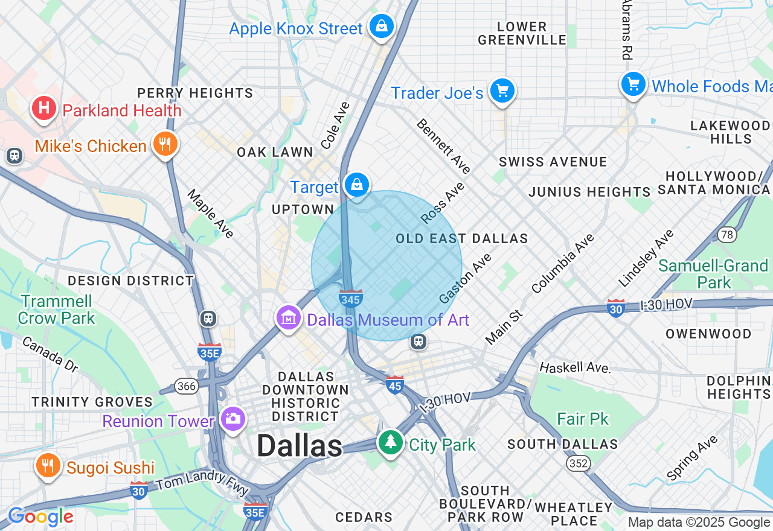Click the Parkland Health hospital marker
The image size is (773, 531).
pyautogui.click(x=44, y=109)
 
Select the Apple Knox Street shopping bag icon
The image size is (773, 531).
pyautogui.click(x=382, y=27)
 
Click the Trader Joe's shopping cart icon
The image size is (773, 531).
pyautogui.click(x=502, y=92)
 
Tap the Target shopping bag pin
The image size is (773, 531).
pyautogui.click(x=357, y=185)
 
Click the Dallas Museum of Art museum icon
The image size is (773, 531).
pyautogui.click(x=289, y=318)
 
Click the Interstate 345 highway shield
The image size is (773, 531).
pyautogui.click(x=351, y=298)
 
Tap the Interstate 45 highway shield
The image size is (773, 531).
pyautogui.click(x=395, y=384)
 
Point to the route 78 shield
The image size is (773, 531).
pyautogui.click(x=727, y=234)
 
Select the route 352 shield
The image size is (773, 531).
pyautogui.click(x=579, y=463)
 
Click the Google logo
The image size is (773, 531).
pyautogui.click(x=40, y=517)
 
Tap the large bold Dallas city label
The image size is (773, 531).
pyautogui.click(x=300, y=447)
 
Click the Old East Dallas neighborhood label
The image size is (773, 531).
pyautogui.click(x=462, y=239)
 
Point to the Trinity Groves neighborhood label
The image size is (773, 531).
pyautogui.click(x=92, y=402)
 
